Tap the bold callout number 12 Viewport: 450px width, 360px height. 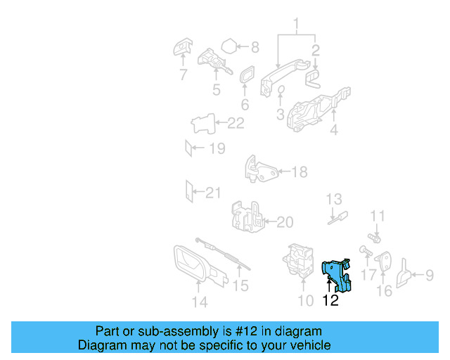[x=330, y=301]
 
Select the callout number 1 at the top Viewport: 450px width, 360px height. [x=296, y=27]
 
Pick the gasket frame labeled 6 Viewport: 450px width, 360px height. [x=246, y=77]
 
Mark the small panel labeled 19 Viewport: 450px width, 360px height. [x=188, y=148]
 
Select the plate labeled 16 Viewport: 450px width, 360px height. [x=387, y=264]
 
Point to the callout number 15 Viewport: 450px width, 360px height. [x=241, y=285]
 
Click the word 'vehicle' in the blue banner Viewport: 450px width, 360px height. [x=311, y=345]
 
